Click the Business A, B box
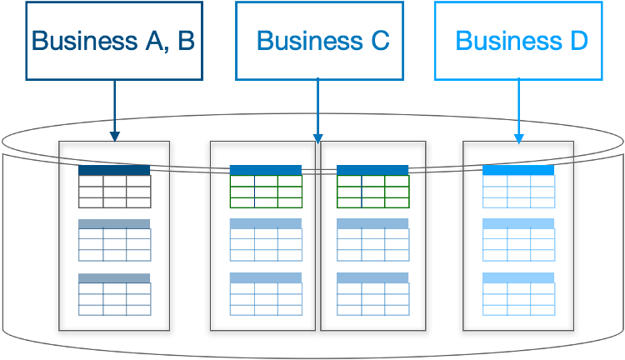tap(113, 41)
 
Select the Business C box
tap(319, 40)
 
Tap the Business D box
tap(518, 40)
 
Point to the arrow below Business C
tap(317, 108)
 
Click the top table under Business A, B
tap(114, 187)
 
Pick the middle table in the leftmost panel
tap(114, 240)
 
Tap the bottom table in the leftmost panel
tap(114, 294)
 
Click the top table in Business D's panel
tap(518, 187)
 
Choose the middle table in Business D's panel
tap(518, 240)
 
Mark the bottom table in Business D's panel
tap(518, 294)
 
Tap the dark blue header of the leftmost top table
tap(114, 170)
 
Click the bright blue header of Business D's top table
tap(518, 170)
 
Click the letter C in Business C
tap(379, 41)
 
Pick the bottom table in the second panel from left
tap(265, 294)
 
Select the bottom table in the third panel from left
tap(372, 294)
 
